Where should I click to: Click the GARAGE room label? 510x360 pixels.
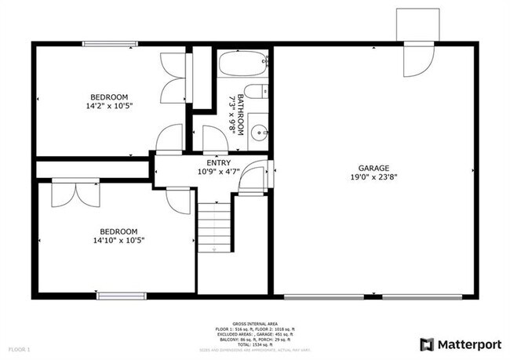373,168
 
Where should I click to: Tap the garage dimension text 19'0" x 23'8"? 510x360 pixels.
373,177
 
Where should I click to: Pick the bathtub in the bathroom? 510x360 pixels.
242,63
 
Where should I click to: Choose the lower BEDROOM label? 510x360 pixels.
118,231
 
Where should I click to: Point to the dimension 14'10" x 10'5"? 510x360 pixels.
118,241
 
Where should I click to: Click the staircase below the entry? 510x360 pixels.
214,227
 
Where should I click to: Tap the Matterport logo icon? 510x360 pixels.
427,344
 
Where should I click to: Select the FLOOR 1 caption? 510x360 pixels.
19,347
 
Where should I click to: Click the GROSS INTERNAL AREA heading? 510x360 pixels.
254,322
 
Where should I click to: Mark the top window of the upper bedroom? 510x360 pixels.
108,44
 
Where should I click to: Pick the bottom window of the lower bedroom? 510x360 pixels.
122,295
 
